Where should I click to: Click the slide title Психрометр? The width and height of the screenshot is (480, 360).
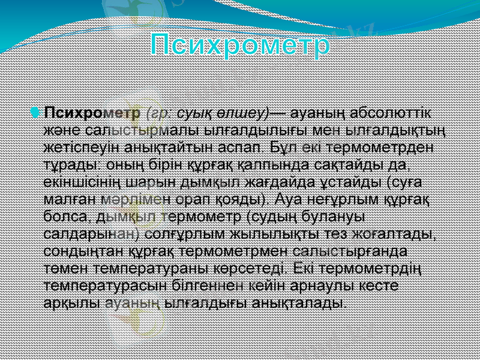[240, 46]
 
